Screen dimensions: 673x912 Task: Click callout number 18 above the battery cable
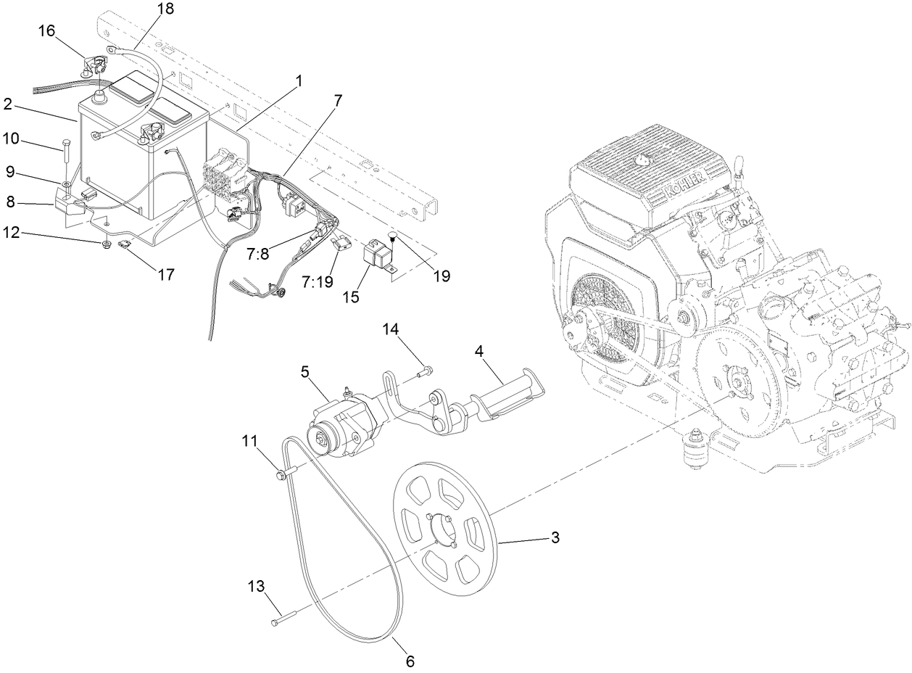pyautogui.click(x=166, y=9)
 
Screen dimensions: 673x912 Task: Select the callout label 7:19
pyautogui.click(x=318, y=281)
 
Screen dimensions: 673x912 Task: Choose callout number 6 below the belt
pyautogui.click(x=410, y=661)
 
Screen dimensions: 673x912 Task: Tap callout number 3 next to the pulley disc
pyautogui.click(x=555, y=537)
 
